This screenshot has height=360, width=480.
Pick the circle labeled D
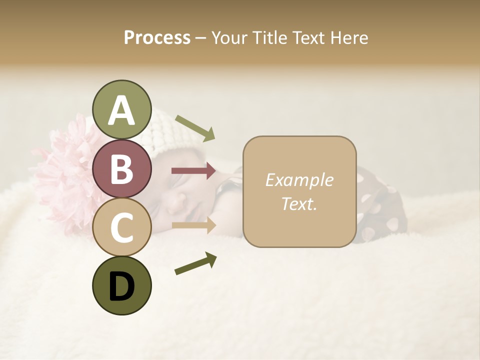click(121, 285)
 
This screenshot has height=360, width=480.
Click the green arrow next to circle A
click(195, 127)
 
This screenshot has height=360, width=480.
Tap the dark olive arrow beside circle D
click(195, 263)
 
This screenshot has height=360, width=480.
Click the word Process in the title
click(157, 37)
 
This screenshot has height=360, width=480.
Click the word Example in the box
click(299, 180)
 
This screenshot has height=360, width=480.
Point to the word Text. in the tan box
click(299, 203)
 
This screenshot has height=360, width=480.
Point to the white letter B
click(121, 169)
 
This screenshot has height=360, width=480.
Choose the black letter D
click(121, 286)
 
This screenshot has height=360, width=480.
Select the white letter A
click(121, 110)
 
